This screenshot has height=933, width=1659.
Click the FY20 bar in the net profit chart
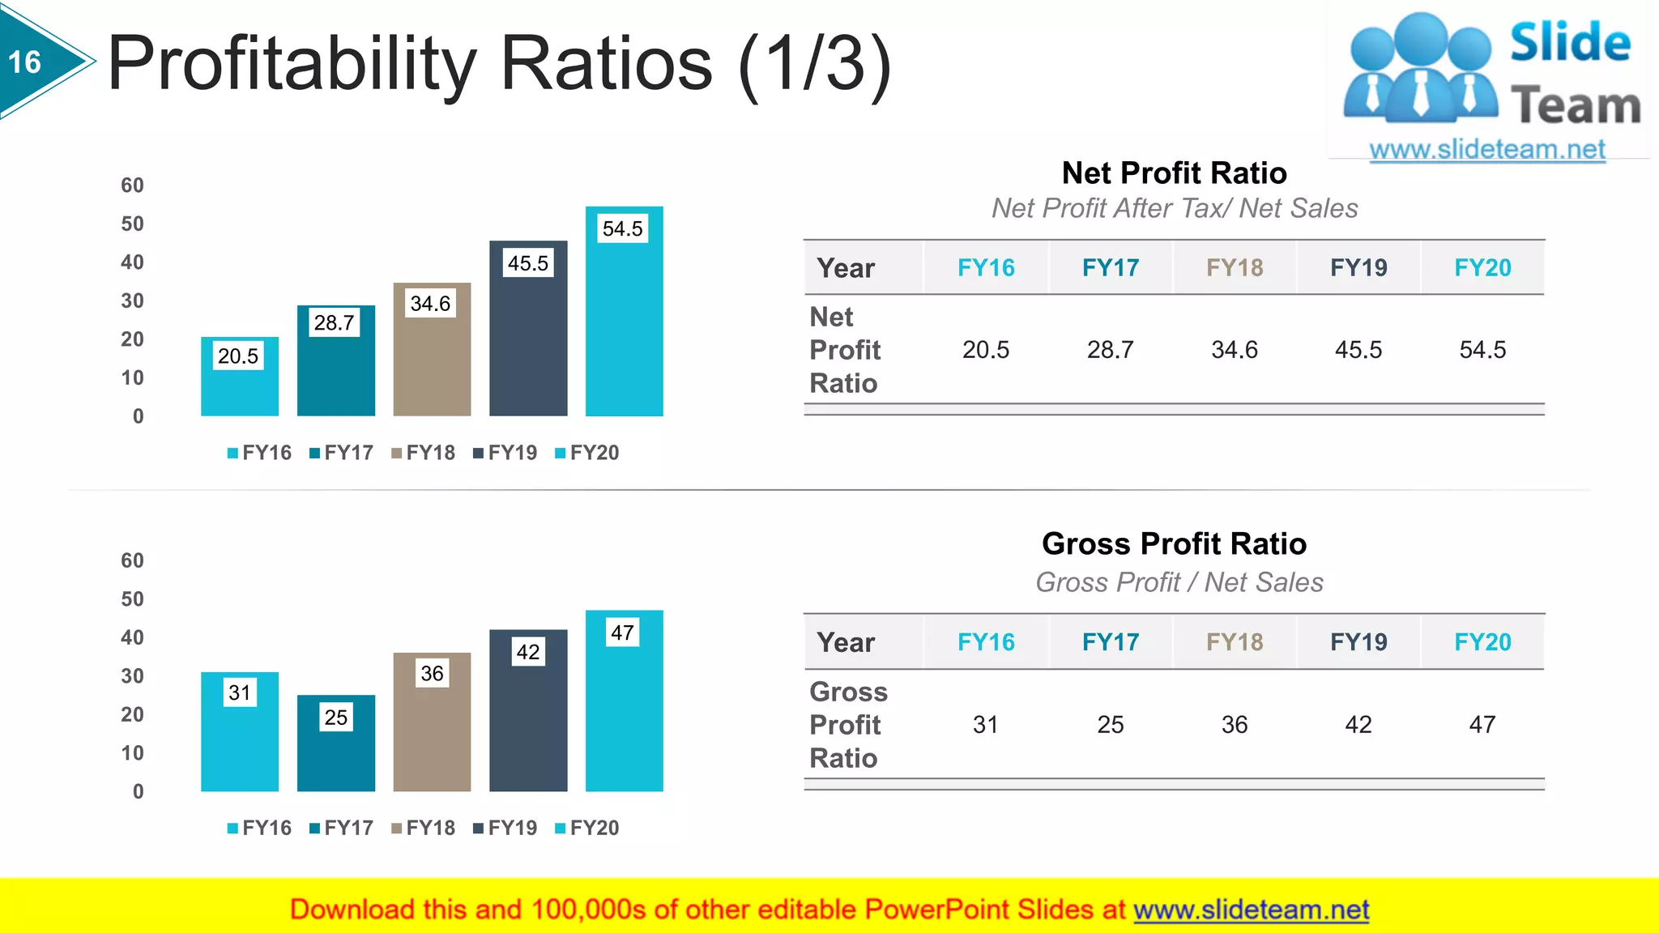pos(624,324)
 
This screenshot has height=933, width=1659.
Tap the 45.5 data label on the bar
pos(528,263)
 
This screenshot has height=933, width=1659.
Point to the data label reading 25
pos(336,717)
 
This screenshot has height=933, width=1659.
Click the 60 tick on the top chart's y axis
pos(132,185)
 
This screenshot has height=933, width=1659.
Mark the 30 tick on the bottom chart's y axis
pos(132,676)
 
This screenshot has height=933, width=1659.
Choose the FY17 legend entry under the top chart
pos(342,453)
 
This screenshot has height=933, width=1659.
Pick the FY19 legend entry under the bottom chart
pos(505,828)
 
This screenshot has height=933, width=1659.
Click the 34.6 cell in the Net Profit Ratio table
pos(1235,350)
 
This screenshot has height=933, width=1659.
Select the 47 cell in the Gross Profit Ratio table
pos(1482,725)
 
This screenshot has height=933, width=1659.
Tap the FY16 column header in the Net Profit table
pos(986,268)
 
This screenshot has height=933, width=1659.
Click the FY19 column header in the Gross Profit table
pos(1358,642)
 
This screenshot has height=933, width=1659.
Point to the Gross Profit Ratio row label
pos(848,725)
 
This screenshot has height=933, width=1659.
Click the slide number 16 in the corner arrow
pos(25,62)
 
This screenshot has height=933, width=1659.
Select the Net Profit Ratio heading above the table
pos(1174,173)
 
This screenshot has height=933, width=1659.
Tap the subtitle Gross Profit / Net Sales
pos(1179,582)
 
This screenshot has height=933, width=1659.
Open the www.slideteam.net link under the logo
pos(1487,150)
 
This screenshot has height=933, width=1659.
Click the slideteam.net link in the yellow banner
pos(1251,910)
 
